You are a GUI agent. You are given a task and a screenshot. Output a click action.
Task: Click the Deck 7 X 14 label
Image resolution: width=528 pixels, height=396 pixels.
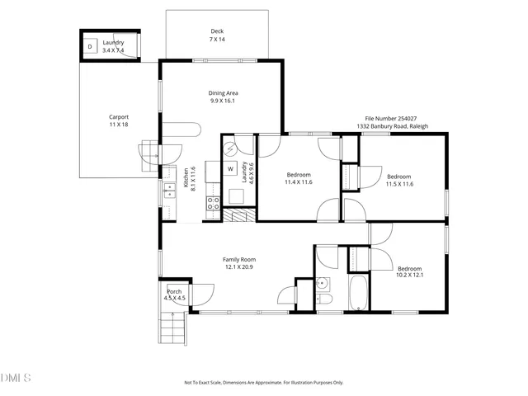pyautogui.click(x=217, y=35)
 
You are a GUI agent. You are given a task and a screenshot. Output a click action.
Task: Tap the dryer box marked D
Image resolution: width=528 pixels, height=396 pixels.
pyautogui.click(x=90, y=47)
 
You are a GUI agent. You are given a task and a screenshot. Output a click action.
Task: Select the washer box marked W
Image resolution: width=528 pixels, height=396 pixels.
pyautogui.click(x=230, y=169)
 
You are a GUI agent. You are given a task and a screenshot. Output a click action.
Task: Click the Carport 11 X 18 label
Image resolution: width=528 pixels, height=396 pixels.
pyautogui.click(x=119, y=120)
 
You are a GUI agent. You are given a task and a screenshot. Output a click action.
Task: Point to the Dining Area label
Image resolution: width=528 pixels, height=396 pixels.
pyautogui.click(x=223, y=97)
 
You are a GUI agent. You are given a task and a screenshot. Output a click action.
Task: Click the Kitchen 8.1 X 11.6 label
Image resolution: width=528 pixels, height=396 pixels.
pyautogui.click(x=189, y=181)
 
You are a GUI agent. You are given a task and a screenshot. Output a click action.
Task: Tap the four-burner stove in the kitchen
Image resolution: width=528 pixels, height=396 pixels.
pyautogui.click(x=212, y=205)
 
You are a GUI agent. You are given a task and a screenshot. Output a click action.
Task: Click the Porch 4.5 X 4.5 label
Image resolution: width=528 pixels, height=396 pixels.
pyautogui.click(x=175, y=295)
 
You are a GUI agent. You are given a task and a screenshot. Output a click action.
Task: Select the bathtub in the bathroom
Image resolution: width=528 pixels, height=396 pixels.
pyautogui.click(x=359, y=294)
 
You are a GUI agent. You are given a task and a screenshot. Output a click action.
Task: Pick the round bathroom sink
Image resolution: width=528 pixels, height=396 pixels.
pyautogui.click(x=323, y=285)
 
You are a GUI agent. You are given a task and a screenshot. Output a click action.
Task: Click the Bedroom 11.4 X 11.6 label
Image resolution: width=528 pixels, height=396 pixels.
pyautogui.click(x=299, y=178)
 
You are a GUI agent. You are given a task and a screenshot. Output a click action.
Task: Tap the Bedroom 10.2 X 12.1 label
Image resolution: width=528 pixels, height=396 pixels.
pyautogui.click(x=409, y=272)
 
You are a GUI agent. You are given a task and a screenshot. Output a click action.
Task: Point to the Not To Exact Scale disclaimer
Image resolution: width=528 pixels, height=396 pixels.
pyautogui.click(x=263, y=383)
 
